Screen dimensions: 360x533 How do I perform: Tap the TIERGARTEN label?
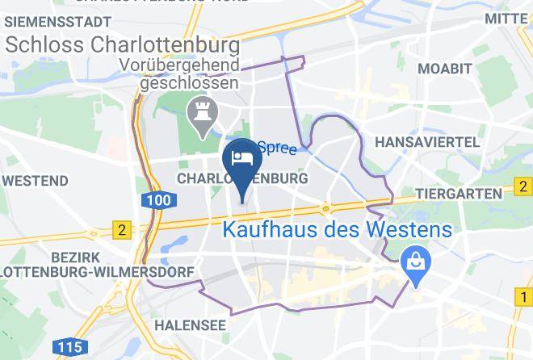(459, 194)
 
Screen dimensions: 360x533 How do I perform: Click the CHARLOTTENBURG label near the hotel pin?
(241, 178)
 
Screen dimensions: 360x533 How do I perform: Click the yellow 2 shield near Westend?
(122, 230)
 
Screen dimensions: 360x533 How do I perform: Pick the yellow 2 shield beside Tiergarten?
(524, 190)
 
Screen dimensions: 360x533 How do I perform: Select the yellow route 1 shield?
(524, 299)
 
